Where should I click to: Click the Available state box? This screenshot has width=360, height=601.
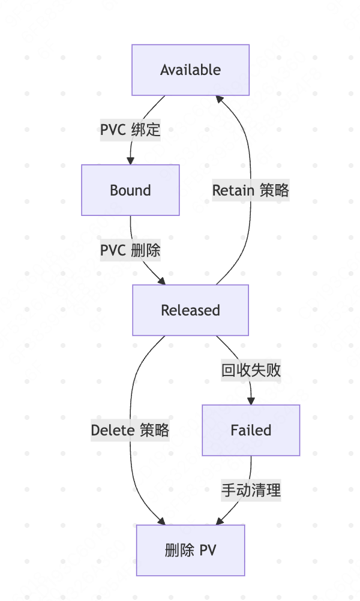tap(190, 70)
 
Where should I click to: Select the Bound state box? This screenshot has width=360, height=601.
tap(130, 191)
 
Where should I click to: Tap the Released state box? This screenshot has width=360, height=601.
tap(190, 310)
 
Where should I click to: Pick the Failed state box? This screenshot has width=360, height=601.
tap(251, 430)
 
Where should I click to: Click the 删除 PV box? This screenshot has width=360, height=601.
tap(190, 550)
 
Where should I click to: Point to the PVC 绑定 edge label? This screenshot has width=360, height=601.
tap(130, 130)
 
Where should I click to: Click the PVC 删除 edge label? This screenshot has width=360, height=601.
tap(130, 250)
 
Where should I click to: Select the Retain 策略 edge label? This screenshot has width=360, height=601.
tap(251, 190)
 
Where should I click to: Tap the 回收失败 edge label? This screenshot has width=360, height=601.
tap(251, 371)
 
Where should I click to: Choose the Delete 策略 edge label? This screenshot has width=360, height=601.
tap(130, 430)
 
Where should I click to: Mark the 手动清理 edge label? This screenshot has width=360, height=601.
tap(251, 490)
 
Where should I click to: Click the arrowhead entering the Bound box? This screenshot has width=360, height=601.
tap(130, 161)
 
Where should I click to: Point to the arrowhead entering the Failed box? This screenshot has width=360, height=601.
tap(251, 401)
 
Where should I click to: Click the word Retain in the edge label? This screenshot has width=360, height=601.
tap(234, 190)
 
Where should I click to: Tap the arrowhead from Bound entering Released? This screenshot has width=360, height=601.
tap(161, 281)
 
